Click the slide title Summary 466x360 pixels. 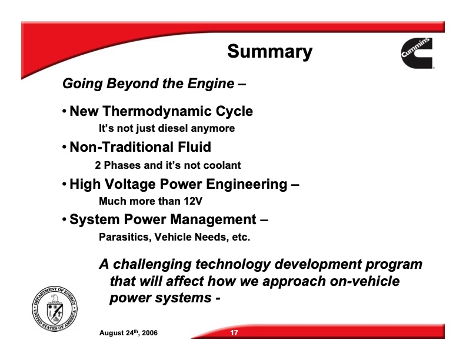269,52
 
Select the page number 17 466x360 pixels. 234,334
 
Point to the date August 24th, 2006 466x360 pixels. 128,334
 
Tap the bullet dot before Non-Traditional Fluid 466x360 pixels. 64,148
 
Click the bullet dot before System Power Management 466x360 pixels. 64,221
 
